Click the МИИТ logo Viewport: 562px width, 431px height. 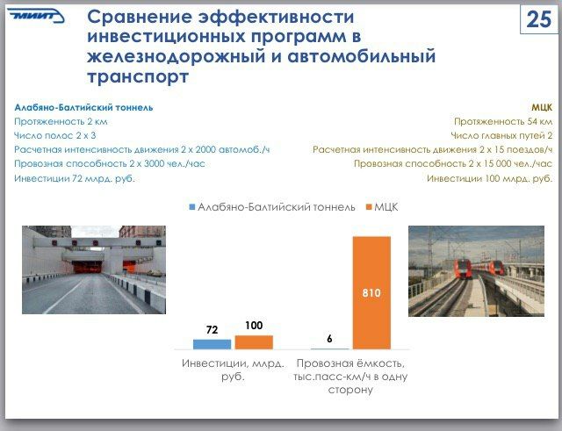[36, 16]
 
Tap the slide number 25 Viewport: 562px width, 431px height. [538, 19]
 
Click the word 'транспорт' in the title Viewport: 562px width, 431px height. [138, 76]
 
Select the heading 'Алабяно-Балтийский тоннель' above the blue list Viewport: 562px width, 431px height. [83, 107]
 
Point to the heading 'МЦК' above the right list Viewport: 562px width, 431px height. [542, 107]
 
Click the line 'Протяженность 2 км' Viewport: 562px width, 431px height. [61, 121]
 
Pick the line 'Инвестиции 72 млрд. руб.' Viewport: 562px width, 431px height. [75, 178]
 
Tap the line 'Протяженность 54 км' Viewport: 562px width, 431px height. [503, 121]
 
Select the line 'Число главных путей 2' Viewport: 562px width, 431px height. [501, 135]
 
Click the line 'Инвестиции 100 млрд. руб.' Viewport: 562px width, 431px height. [490, 178]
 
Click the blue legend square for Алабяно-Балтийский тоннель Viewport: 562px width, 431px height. [192, 207]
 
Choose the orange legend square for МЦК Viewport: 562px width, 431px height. [369, 207]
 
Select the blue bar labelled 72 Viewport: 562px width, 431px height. [213, 344]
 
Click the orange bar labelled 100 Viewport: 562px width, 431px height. [254, 342]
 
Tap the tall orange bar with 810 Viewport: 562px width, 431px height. [371, 292]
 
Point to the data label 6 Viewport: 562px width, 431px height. [329, 339]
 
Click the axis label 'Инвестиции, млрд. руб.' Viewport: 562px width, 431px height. [233, 370]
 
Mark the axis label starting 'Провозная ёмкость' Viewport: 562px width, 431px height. [350, 377]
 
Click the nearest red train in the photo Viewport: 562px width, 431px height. [463, 269]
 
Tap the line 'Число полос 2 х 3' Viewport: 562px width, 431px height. [54, 135]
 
